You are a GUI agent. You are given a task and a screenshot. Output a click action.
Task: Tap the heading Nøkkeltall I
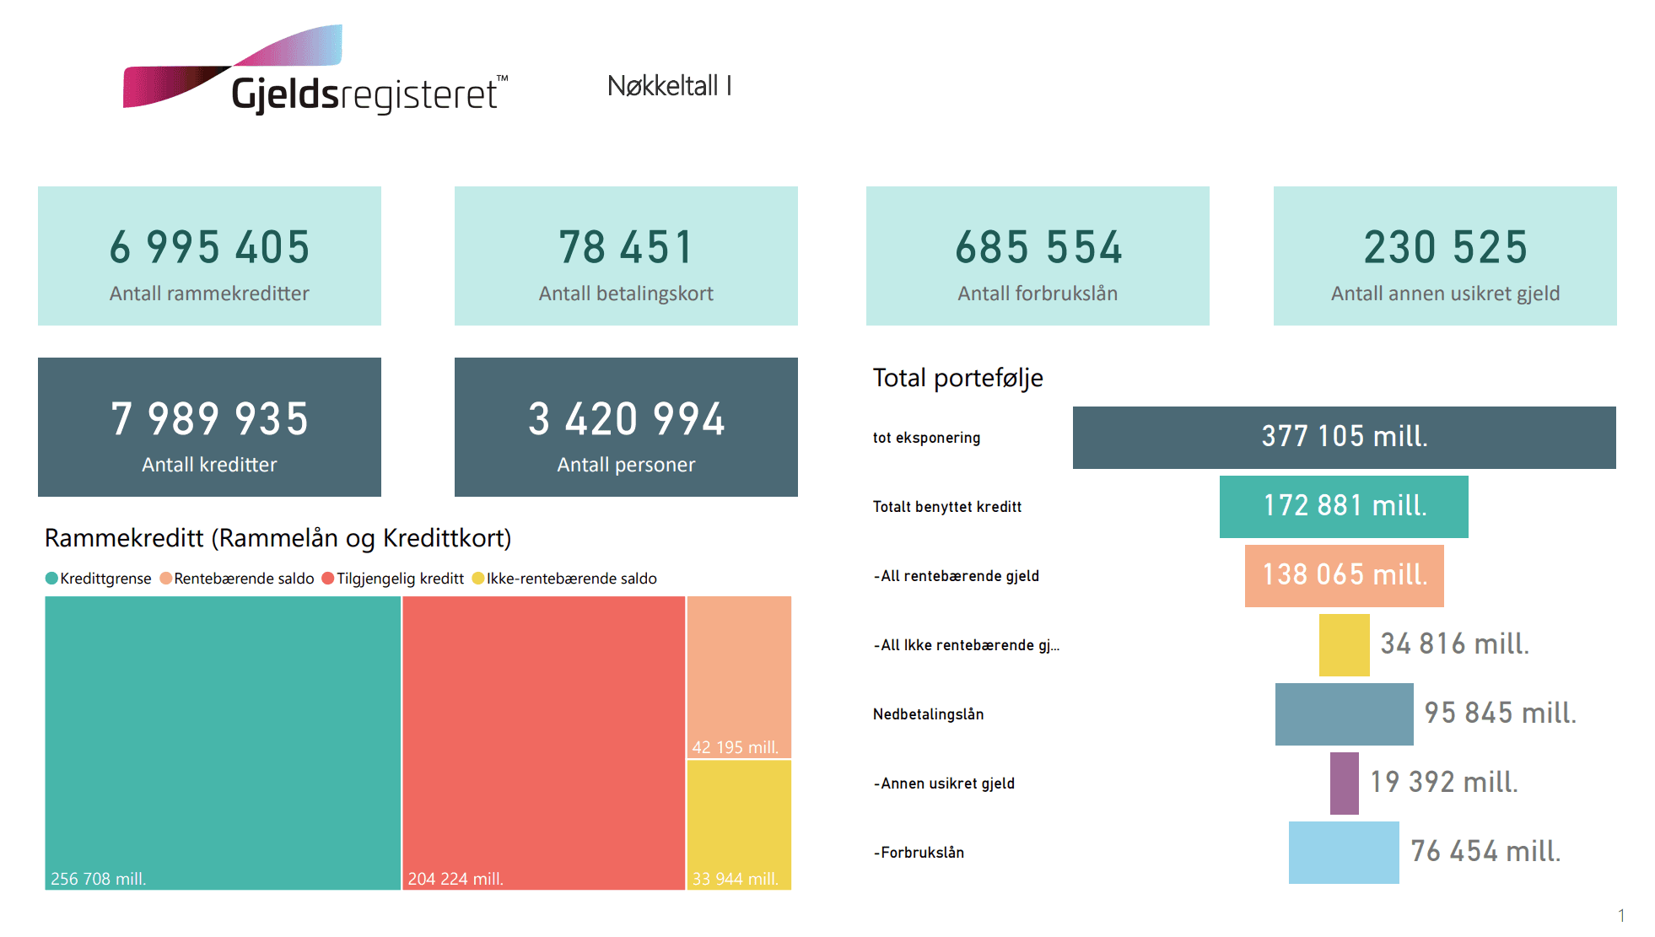point(669,86)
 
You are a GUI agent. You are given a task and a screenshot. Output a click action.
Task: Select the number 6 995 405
point(209,247)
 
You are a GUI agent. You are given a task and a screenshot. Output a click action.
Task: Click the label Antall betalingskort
point(626,293)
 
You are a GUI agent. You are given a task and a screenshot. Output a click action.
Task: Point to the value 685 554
point(1038,247)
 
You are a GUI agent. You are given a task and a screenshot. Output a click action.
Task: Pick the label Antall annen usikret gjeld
point(1444,293)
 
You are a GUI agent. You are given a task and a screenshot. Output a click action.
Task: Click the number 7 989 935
point(209,419)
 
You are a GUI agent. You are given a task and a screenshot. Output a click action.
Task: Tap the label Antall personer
point(626,465)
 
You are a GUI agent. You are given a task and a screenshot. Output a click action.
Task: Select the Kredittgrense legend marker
point(51,579)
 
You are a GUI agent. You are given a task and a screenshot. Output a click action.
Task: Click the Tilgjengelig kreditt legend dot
point(328,579)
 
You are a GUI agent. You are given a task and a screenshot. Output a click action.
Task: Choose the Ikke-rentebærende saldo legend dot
point(478,579)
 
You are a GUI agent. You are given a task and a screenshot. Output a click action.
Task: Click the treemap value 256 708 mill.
point(99,879)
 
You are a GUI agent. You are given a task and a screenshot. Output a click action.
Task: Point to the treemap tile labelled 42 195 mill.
point(739,676)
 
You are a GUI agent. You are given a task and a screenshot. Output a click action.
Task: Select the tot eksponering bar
point(1344,437)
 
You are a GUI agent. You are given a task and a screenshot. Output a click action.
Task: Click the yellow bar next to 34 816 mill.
point(1344,645)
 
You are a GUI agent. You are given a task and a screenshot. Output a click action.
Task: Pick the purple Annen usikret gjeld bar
point(1344,784)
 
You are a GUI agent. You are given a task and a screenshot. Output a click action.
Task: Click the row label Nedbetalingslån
point(928,714)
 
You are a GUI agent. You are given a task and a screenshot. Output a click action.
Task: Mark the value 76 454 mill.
point(1485,852)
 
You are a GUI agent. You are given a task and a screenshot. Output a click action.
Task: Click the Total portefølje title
point(957,378)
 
